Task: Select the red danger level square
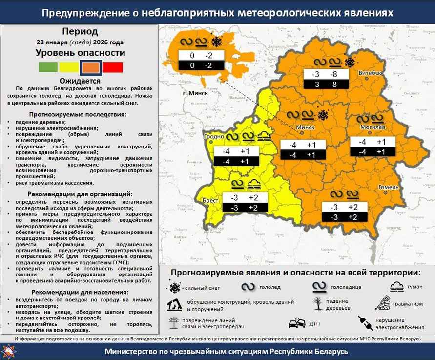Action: click(x=113, y=67)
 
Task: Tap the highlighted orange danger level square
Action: click(x=91, y=67)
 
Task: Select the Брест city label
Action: click(x=210, y=201)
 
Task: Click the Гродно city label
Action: click(x=215, y=137)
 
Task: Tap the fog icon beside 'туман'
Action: click(x=396, y=287)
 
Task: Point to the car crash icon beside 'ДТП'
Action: click(x=298, y=323)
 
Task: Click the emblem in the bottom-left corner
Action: click(x=9, y=351)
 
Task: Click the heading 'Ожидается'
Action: click(x=80, y=81)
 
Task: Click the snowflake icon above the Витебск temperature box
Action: click(x=349, y=62)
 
